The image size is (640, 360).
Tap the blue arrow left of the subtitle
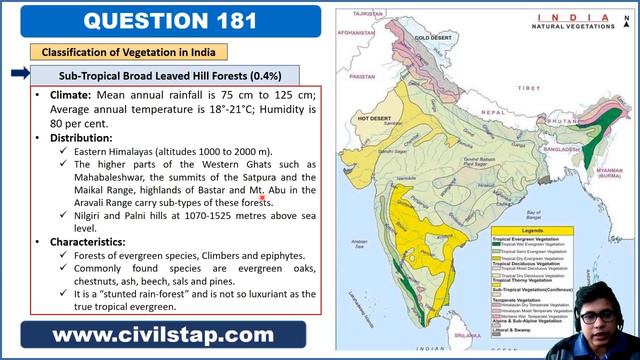point(18,73)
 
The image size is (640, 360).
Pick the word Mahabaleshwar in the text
point(119,178)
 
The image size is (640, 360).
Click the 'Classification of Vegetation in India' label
point(128,51)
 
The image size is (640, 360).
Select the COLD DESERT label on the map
point(433,37)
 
